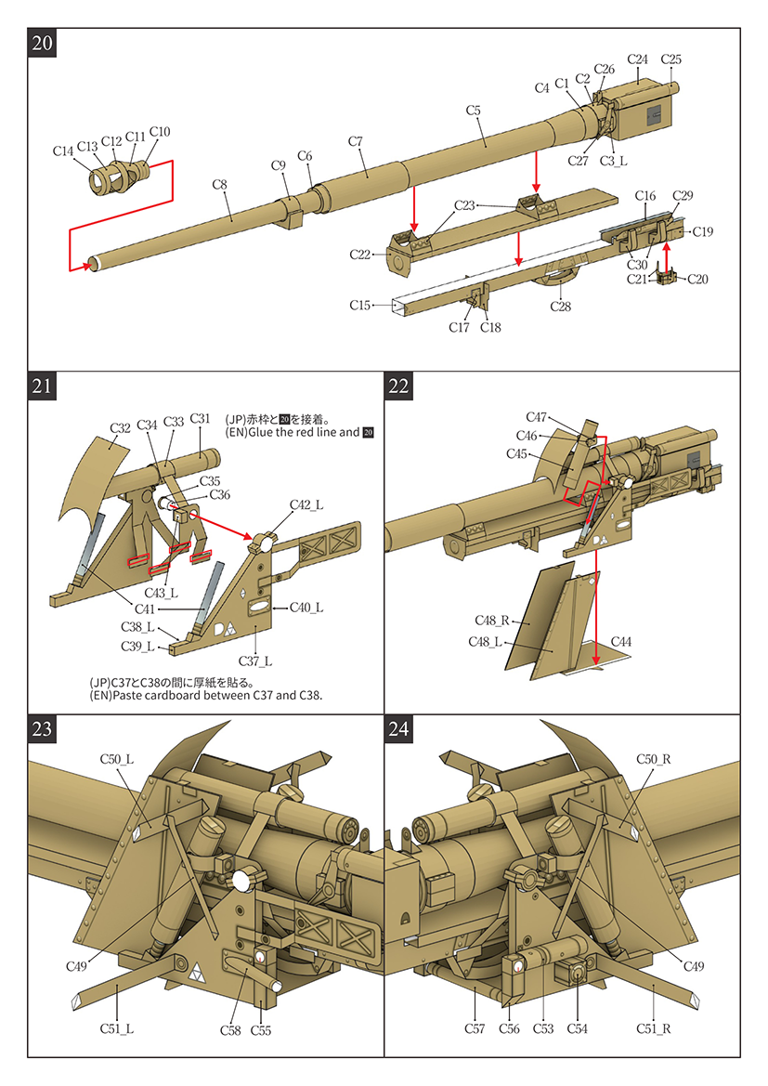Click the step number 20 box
coord(43,44)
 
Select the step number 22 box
coord(399,386)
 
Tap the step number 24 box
coord(399,729)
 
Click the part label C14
coord(63,150)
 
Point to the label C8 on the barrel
coord(219,185)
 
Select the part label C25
coord(670,59)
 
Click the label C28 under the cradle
coord(560,307)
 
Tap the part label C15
coord(360,305)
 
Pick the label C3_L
coord(613,161)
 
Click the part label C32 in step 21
coord(121,428)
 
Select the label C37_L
coord(254,661)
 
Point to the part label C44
coord(621,642)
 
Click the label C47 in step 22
coord(537,417)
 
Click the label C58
coord(230,1029)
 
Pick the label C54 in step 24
coord(577,1028)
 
